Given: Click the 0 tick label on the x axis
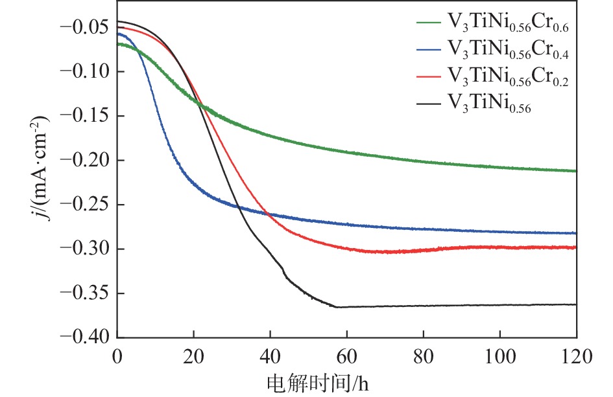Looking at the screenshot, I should pos(117,356).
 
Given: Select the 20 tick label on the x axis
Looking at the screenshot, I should pos(193,356).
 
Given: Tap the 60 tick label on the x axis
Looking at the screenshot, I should pos(347,356).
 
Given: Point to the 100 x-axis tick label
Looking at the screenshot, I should pos(500,356).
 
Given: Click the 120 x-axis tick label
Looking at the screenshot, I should pos(576,356).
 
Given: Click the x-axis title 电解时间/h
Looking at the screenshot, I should pos(320,383).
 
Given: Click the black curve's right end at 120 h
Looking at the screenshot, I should pos(575,304).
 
